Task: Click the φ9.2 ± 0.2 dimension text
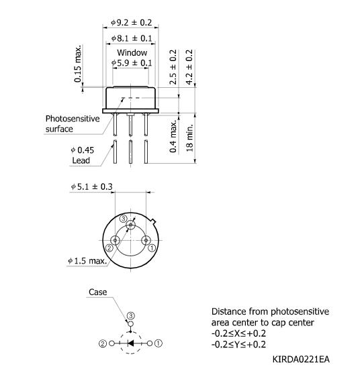point(132,24)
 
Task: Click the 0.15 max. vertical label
point(79,66)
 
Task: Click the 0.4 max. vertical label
point(173,136)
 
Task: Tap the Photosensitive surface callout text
point(73,123)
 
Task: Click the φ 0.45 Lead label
point(81,155)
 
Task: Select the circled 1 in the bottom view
point(152,248)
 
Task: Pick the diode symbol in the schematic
point(131,342)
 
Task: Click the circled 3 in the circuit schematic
point(131,315)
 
